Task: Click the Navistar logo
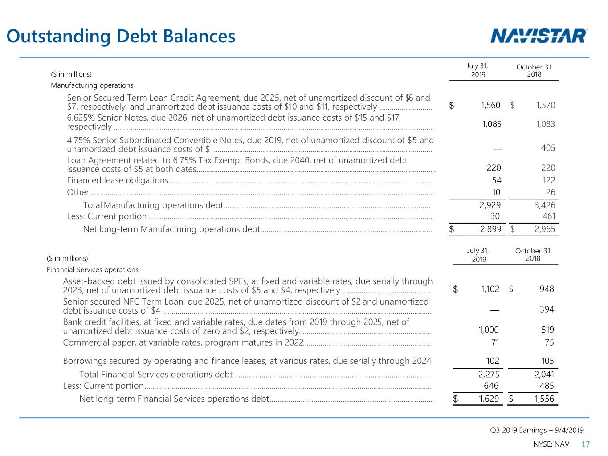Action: (538, 36)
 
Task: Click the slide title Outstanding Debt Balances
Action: (121, 36)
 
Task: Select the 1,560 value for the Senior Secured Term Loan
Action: (490, 105)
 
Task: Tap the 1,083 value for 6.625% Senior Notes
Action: (545, 124)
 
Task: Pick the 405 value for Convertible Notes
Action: (548, 148)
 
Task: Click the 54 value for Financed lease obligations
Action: (496, 180)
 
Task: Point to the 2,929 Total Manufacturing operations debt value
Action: (490, 205)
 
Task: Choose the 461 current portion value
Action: (548, 216)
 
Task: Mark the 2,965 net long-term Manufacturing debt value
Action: (545, 229)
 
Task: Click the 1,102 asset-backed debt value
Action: (490, 289)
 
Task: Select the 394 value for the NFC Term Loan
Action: (547, 309)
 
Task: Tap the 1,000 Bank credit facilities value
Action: (489, 330)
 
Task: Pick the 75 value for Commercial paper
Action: (549, 342)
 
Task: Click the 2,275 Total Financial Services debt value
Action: (489, 375)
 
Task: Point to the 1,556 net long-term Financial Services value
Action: (544, 399)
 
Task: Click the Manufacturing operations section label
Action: (92, 85)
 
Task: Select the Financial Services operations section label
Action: (93, 270)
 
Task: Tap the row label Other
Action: (78, 192)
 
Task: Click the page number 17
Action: (585, 444)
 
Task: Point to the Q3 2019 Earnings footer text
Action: (537, 430)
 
